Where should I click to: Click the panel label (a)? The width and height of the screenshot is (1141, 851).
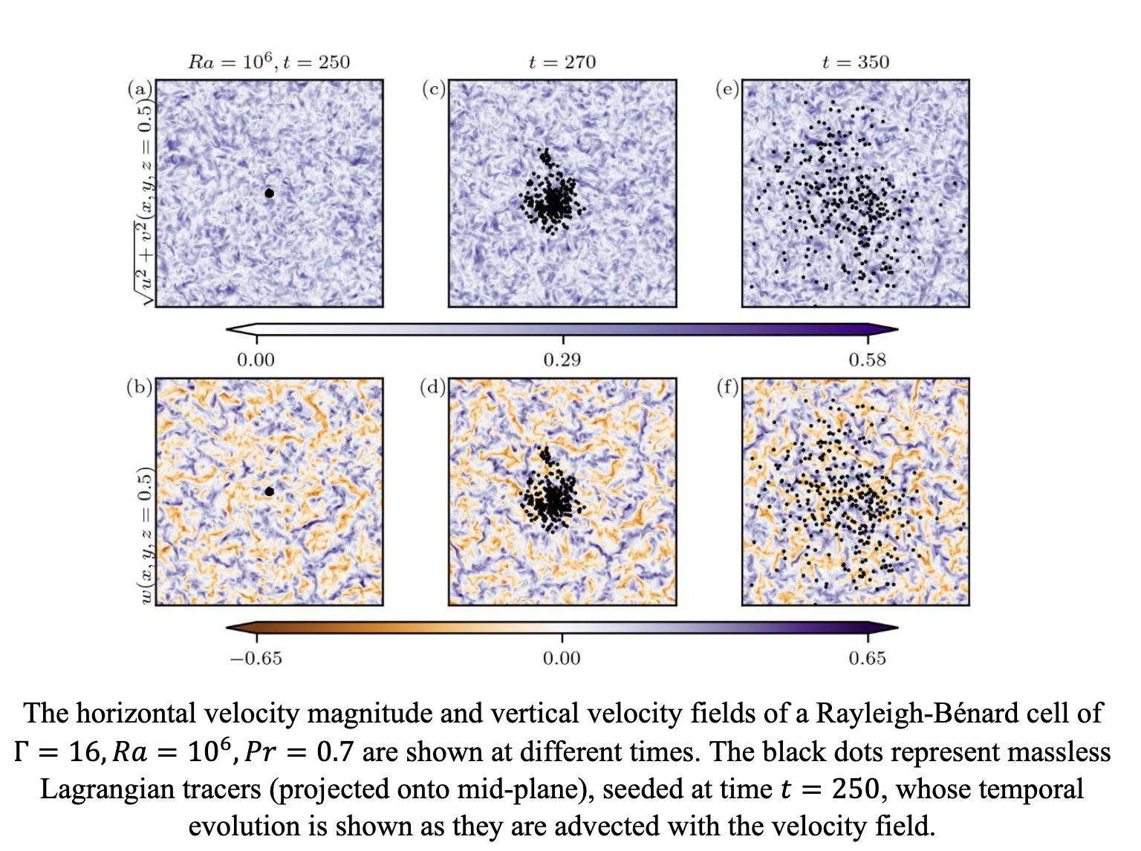coord(140,90)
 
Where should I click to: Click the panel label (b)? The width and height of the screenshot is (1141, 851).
coord(140,387)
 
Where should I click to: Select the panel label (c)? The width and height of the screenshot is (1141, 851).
coord(434,90)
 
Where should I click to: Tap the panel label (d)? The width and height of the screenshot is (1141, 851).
coord(433,387)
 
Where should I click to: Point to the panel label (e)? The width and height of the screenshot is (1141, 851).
coord(727,90)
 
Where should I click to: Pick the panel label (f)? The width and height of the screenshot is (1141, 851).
coord(727,387)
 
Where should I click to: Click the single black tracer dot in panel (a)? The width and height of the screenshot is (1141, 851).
coord(270,194)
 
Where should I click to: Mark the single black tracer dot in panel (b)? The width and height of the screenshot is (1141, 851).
coord(270,492)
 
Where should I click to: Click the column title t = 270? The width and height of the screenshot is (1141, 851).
coord(562,62)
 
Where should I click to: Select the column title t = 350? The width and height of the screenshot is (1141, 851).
coord(856,62)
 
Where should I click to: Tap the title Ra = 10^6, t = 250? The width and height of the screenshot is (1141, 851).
coord(269,62)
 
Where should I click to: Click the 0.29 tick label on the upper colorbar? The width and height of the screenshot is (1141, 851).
coord(562,360)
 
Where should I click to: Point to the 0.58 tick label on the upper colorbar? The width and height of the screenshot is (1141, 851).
coord(868,360)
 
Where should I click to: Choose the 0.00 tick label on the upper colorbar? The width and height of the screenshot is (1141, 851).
coord(256,360)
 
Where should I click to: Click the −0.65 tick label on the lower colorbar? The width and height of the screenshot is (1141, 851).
coord(256,659)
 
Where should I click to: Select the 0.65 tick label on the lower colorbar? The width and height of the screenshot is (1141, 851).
coord(868,659)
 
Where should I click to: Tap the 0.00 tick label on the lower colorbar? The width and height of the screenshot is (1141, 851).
coord(562,659)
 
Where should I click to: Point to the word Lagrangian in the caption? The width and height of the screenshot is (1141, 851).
coord(151,789)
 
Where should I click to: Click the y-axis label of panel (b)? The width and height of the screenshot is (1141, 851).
coord(146,535)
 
